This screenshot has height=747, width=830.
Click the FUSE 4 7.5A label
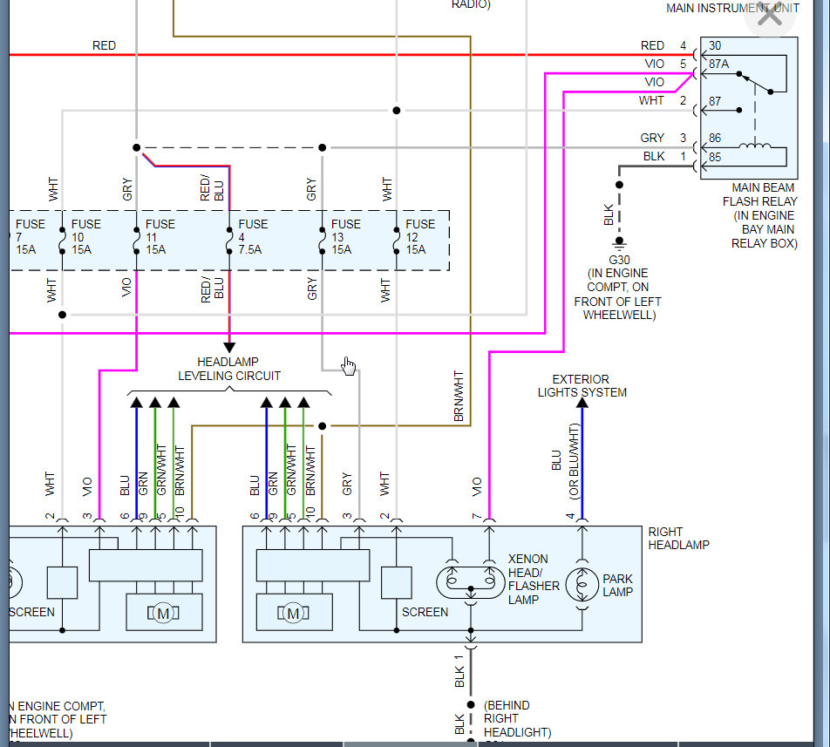coord(253,237)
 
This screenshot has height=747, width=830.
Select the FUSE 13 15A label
coord(346,237)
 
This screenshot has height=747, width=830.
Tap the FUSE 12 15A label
coord(420,237)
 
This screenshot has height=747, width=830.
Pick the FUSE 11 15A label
coord(160,237)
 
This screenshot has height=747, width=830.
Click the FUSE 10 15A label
coord(86,237)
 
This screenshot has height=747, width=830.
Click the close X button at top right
coord(770,15)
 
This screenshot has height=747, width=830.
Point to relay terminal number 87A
coord(719,64)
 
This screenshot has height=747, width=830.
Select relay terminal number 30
coord(715,45)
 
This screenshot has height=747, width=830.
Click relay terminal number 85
coord(715,157)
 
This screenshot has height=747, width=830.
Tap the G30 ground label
coord(619,260)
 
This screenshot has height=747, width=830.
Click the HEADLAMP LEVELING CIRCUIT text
coord(229,369)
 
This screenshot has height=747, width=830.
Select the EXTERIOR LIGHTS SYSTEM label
coord(582,385)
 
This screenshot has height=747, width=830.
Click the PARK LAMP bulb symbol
coord(582,585)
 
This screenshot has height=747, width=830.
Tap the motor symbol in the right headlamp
coord(293,614)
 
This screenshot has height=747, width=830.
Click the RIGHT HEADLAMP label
coord(678,538)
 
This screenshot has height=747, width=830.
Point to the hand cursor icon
coord(349,365)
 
